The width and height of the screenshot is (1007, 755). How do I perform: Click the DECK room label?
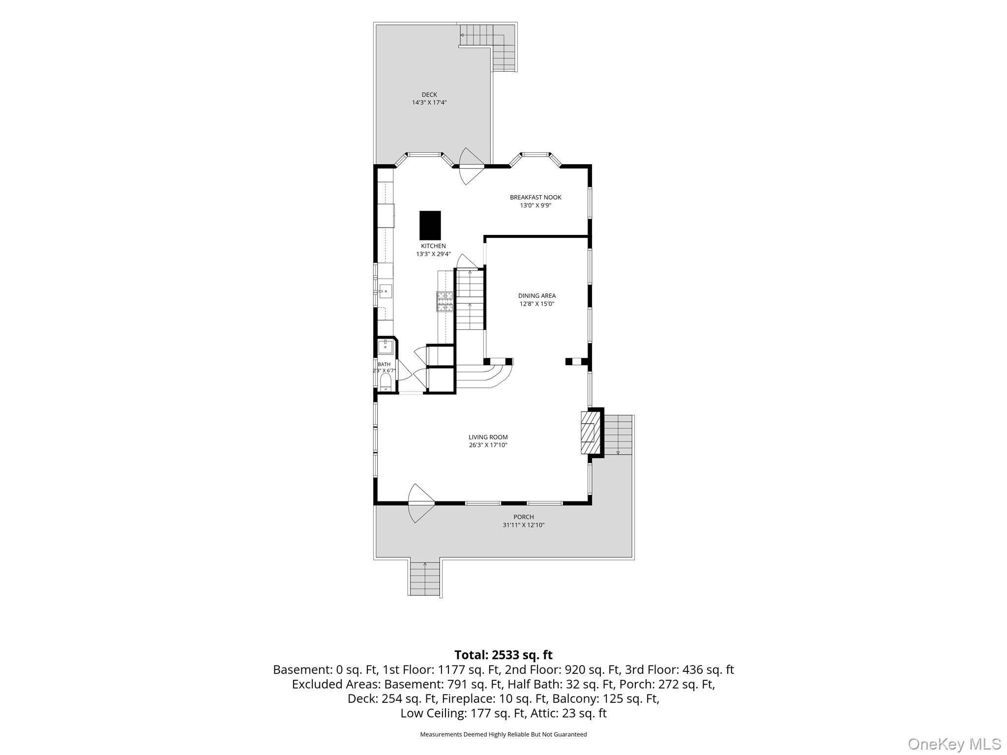[429, 95]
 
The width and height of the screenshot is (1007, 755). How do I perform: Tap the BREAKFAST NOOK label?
[535, 198]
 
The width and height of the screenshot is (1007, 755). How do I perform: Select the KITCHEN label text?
[433, 246]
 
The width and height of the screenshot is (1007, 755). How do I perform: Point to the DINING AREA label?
[537, 296]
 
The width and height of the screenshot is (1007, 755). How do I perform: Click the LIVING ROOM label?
[488, 437]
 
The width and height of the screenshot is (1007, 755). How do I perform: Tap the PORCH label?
[523, 517]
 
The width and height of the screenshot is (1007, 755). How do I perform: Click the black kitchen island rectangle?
[430, 225]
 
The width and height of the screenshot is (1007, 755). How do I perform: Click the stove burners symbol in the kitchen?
[444, 301]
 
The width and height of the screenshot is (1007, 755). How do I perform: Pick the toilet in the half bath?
[385, 382]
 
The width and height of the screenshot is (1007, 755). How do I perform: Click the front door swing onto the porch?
[421, 503]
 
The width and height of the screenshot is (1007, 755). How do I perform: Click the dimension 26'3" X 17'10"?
[488, 445]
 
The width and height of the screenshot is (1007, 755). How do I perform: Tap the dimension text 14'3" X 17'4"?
[429, 103]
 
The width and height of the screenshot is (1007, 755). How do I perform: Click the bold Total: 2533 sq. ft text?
[503, 655]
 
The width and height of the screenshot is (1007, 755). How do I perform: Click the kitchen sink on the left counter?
[385, 291]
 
